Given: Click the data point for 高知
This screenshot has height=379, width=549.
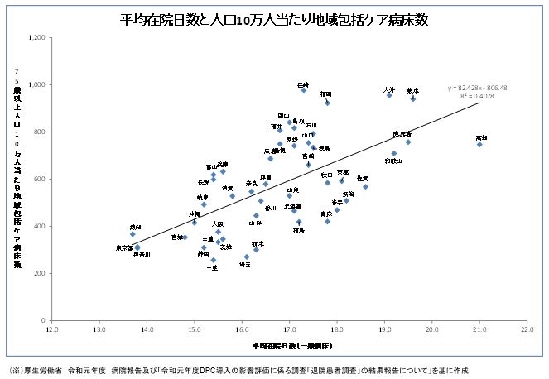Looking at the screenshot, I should (479, 144).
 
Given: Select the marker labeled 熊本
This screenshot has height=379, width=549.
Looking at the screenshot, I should (412, 98).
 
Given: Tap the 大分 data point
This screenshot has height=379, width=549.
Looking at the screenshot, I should (389, 95).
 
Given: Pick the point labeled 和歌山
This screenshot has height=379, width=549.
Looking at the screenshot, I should (394, 153).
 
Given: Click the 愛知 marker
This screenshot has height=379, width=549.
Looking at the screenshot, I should (132, 234).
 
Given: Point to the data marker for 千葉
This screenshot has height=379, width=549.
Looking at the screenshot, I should (214, 260).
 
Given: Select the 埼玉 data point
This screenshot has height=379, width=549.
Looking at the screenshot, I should (247, 257).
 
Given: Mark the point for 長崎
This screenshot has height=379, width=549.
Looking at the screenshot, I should (304, 89).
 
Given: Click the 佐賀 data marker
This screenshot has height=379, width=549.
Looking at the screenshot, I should (365, 186).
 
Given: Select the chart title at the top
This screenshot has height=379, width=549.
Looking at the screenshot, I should (274, 20).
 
